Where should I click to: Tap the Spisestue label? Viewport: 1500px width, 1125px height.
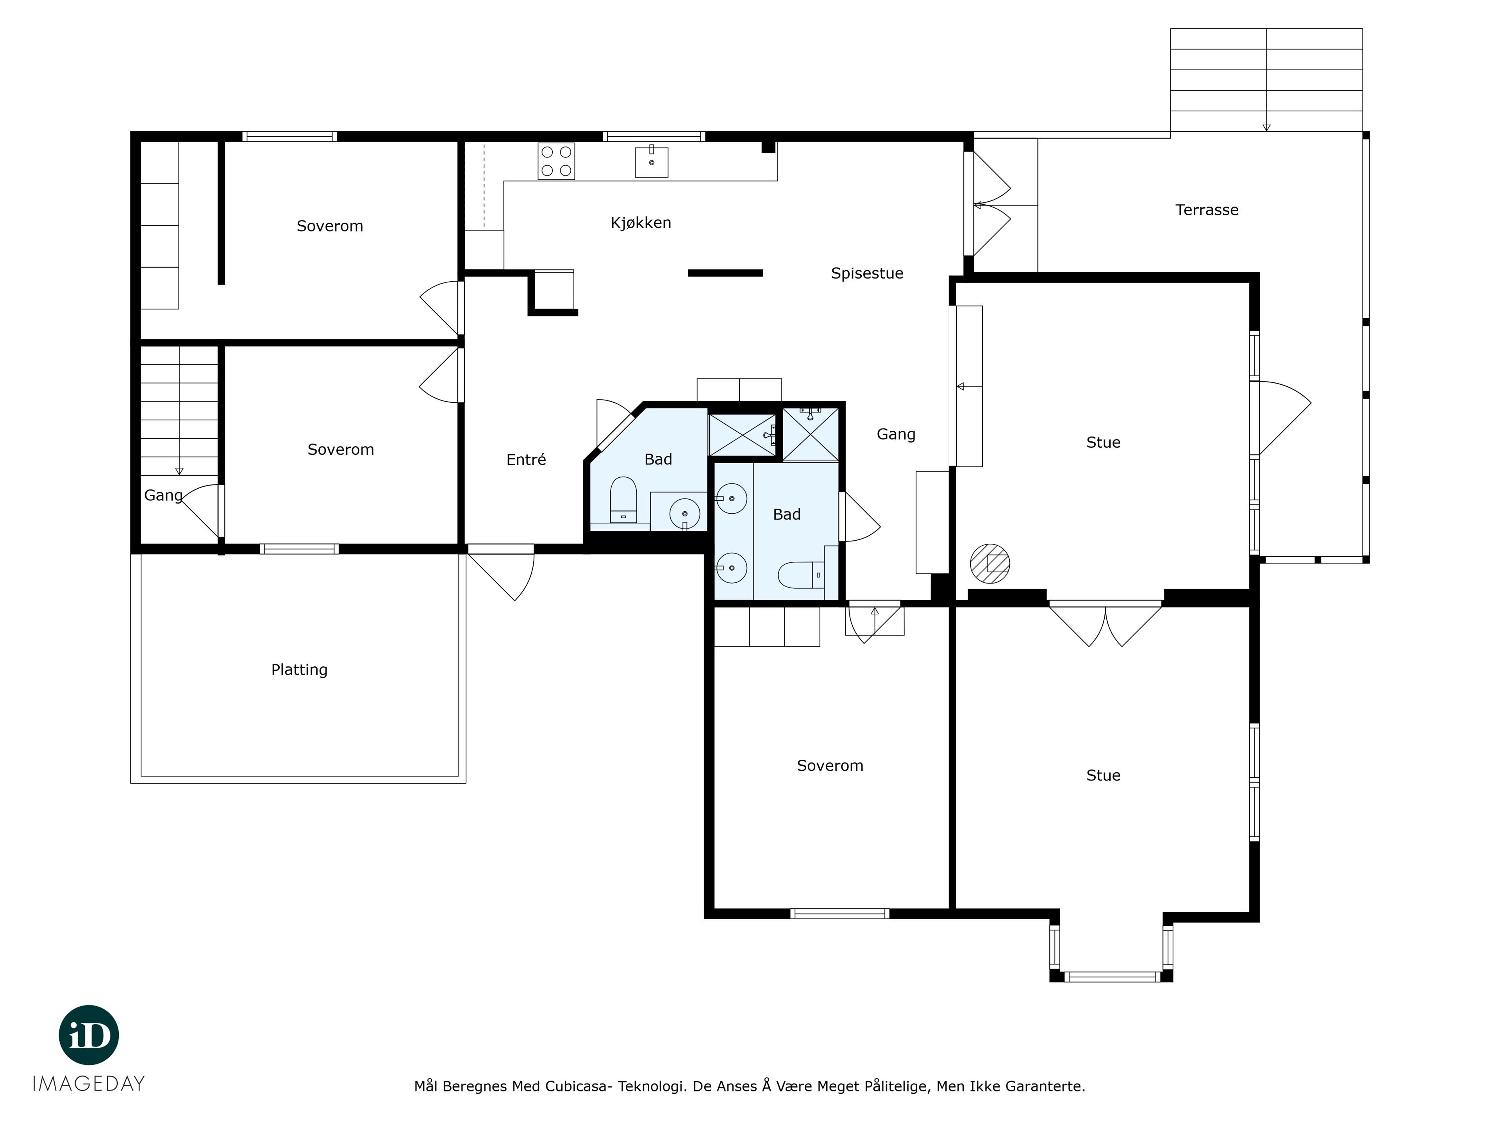click(867, 274)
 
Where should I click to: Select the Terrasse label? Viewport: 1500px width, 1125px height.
click(1207, 210)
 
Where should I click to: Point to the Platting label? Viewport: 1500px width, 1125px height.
click(299, 670)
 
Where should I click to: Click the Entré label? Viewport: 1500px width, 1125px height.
click(526, 460)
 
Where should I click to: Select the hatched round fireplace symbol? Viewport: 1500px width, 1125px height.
click(990, 564)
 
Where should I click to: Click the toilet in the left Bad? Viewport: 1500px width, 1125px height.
click(623, 500)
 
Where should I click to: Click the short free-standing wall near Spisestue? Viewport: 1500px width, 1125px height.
click(726, 273)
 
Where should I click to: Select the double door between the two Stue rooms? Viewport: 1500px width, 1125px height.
click(1105, 624)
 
